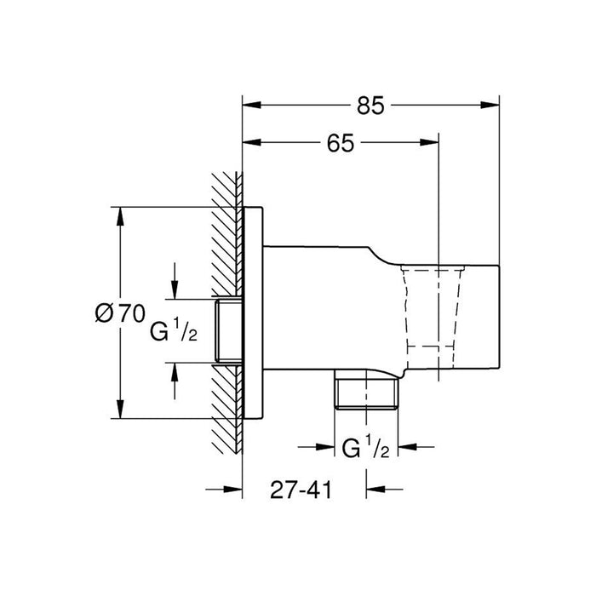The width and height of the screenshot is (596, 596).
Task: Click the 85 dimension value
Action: [x=370, y=106]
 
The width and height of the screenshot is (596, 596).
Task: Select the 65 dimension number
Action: [x=341, y=143]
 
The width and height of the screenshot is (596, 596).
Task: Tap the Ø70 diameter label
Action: [x=120, y=313]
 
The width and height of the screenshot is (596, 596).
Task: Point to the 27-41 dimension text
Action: [x=301, y=490]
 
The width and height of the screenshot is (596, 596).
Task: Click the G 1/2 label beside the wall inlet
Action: [x=174, y=330]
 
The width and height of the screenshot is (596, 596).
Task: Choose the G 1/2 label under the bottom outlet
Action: [x=365, y=447]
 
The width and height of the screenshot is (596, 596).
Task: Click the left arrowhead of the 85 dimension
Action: [x=252, y=106]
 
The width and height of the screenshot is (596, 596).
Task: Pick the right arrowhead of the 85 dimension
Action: [x=490, y=106]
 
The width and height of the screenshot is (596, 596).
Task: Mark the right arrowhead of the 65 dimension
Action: [x=429, y=143]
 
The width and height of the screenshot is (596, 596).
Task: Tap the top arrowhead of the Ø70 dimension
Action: [x=120, y=216]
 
